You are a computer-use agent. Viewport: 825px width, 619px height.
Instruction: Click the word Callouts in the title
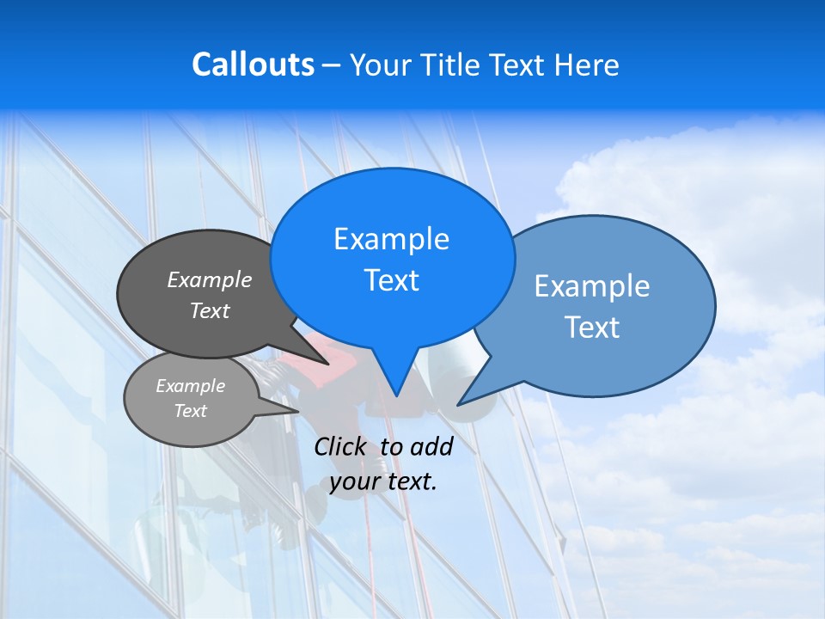tap(253, 64)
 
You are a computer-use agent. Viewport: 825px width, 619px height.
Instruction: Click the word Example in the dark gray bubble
tap(210, 279)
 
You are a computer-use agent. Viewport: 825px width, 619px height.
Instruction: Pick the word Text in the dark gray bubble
tap(210, 310)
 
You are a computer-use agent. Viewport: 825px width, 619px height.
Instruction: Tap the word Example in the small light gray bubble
tap(191, 386)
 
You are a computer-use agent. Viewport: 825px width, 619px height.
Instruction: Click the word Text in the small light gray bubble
tap(191, 411)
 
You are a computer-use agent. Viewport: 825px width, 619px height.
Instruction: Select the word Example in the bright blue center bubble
tap(392, 239)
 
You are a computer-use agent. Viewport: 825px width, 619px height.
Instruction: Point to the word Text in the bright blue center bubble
tap(392, 280)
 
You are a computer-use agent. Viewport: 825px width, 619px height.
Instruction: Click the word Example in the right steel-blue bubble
tap(592, 286)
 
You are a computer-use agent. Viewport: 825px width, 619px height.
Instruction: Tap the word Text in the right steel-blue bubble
tap(592, 328)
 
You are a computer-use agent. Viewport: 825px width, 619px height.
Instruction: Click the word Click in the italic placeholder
tap(339, 446)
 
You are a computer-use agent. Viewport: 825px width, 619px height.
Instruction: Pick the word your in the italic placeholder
tap(355, 481)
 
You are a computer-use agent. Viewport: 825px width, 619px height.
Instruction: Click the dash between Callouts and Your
tap(332, 65)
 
